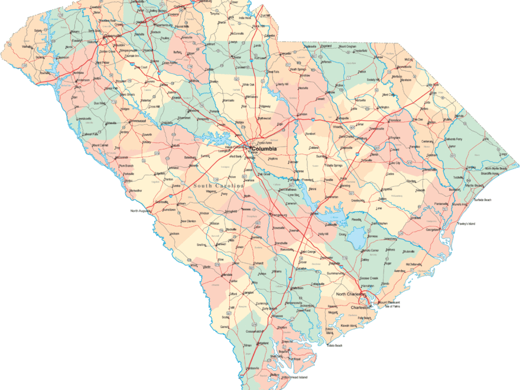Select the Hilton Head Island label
pos(294,376)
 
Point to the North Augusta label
pos(142,211)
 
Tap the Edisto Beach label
pos(334,345)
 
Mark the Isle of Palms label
pos(395,307)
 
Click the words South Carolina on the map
pos(218,186)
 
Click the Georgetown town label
pos(434,229)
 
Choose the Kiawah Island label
pos(349,326)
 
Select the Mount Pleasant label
pos(390,301)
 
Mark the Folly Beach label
pos(364,318)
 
